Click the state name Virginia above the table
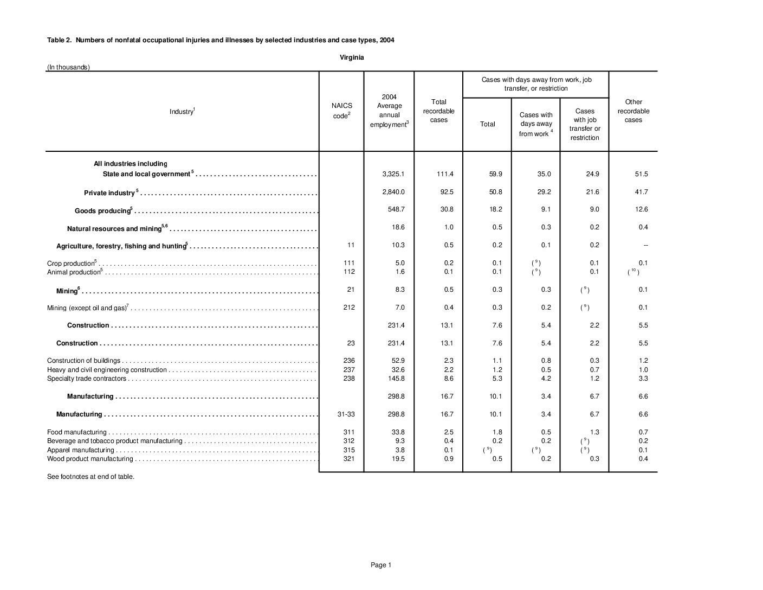[x=352, y=57]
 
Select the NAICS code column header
[x=341, y=111]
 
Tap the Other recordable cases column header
[x=633, y=111]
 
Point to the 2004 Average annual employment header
[x=389, y=111]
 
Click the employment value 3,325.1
[x=393, y=174]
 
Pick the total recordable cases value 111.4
[x=444, y=174]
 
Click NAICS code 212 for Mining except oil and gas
[x=349, y=307]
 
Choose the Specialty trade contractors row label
[x=87, y=379]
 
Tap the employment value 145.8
[x=395, y=379]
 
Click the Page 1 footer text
[x=381, y=565]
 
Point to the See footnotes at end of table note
[x=90, y=477]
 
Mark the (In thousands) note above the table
[x=68, y=67]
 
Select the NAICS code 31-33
[x=346, y=414]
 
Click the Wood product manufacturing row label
[x=90, y=459]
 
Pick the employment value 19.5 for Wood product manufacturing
[x=398, y=459]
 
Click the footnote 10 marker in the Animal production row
[x=633, y=272]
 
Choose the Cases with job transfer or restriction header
[x=585, y=124]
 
